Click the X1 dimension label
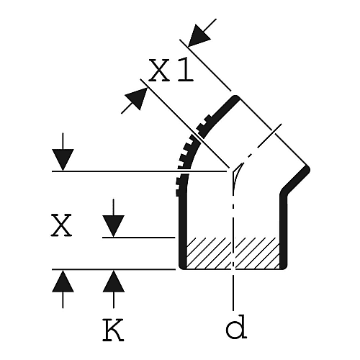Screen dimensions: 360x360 (x=171, y=70)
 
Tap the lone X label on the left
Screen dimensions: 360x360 (x=61, y=225)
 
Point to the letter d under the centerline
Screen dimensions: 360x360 (x=236, y=326)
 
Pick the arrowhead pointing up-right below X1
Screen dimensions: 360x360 (x=137, y=99)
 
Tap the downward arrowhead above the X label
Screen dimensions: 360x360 (x=63, y=160)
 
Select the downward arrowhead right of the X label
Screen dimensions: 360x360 (x=114, y=226)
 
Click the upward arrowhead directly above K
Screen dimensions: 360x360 (x=114, y=281)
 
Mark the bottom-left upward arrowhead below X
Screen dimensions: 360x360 (x=63, y=281)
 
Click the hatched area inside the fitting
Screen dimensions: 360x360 (x=233, y=253)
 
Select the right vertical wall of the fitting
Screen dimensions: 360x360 (x=284, y=230)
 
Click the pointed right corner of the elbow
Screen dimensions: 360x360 (x=309, y=169)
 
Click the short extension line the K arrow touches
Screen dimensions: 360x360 (x=139, y=238)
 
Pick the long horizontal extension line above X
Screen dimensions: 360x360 (x=140, y=171)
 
